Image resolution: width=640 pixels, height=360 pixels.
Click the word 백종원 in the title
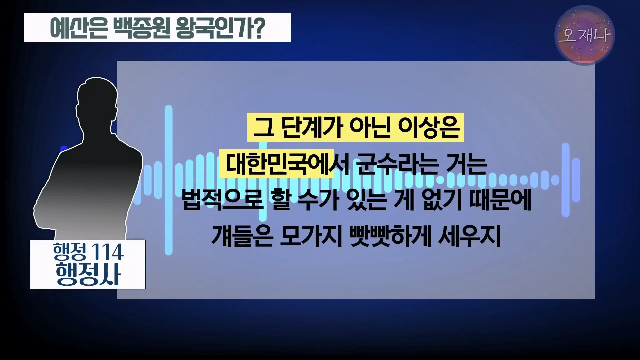pyautogui.click(x=142, y=28)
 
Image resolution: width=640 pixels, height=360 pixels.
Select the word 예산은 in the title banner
pyautogui.click(x=79, y=28)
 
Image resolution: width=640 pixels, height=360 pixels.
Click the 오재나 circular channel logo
pyautogui.click(x=585, y=35)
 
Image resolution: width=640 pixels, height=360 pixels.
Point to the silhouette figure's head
pyautogui.click(x=97, y=100)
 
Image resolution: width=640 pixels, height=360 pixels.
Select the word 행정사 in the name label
pyautogui.click(x=88, y=274)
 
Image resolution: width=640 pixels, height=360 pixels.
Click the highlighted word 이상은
pyautogui.click(x=429, y=127)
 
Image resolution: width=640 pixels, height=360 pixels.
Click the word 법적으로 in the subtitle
pyautogui.click(x=223, y=200)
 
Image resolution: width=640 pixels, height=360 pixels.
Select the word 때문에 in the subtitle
pyautogui.click(x=500, y=200)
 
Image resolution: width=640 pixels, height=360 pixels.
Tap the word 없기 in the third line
pyautogui.click(x=442, y=200)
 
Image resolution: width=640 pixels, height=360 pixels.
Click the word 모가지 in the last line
pyautogui.click(x=311, y=236)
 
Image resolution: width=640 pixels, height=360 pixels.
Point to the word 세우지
pyautogui.click(x=470, y=236)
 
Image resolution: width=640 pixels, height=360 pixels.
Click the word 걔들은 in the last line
pyautogui.click(x=242, y=236)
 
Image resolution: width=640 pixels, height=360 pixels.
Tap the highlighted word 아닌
pyautogui.click(x=370, y=127)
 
